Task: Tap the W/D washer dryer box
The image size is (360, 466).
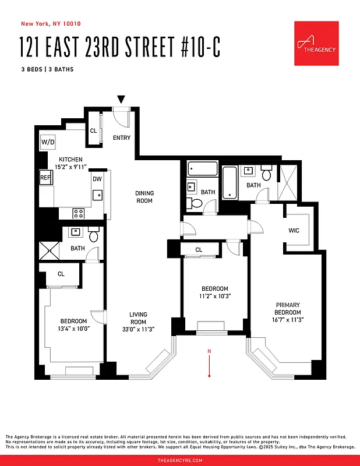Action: tap(47, 142)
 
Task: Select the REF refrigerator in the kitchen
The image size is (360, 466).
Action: tap(45, 178)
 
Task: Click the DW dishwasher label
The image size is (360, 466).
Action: tap(97, 179)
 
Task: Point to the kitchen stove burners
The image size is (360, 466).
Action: tap(79, 213)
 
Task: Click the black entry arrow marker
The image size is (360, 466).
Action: tap(121, 100)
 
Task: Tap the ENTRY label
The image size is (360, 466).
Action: tap(122, 137)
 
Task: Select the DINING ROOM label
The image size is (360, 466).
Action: tap(144, 197)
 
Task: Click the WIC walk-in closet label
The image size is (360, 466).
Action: tap(294, 231)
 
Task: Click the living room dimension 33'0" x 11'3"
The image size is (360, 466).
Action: tap(138, 329)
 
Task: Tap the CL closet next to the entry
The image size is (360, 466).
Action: tap(93, 130)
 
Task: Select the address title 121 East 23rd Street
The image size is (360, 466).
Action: tap(120, 47)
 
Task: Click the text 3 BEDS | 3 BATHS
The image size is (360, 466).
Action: tap(47, 69)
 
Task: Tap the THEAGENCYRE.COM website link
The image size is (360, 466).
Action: tap(180, 460)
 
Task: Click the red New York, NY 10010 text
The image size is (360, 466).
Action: tap(50, 24)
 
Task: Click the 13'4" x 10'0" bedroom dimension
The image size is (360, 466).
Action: tap(73, 329)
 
